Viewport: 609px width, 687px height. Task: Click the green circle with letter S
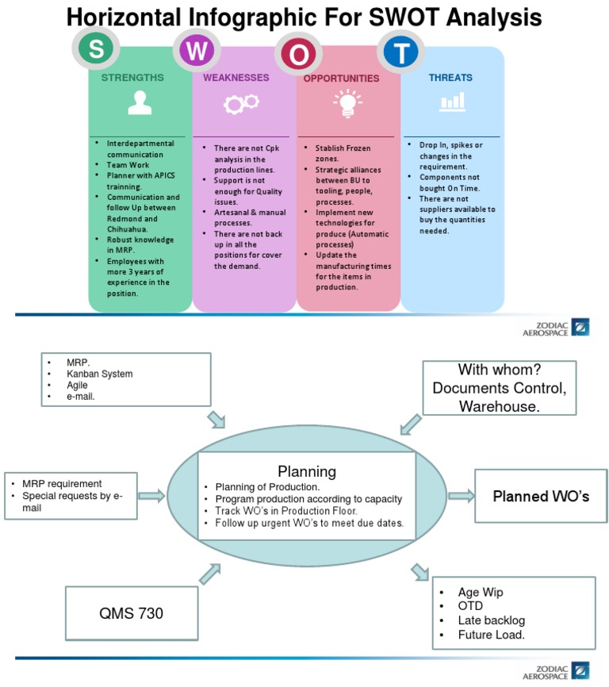click(96, 49)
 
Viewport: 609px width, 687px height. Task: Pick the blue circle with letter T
click(404, 52)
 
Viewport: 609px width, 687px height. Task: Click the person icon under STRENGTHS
click(139, 103)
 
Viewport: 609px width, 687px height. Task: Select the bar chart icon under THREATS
click(452, 102)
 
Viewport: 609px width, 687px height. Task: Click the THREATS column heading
click(450, 78)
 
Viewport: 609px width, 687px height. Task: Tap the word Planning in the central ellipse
click(306, 471)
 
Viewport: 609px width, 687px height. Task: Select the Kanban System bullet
click(99, 374)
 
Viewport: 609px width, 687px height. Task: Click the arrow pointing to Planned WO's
click(458, 496)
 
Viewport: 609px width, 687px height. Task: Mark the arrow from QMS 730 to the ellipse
click(209, 574)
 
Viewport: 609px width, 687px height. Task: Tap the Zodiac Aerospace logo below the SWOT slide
click(555, 328)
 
